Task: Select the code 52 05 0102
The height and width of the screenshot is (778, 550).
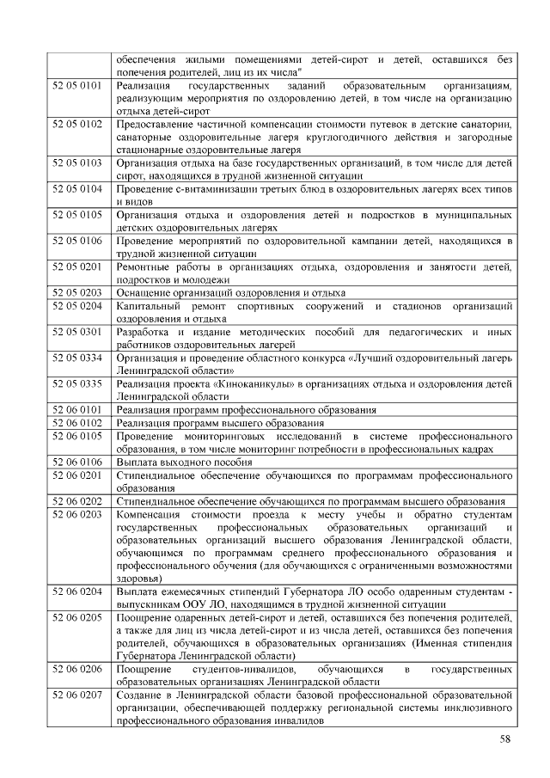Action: (77, 125)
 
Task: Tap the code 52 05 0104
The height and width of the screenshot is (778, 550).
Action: (77, 188)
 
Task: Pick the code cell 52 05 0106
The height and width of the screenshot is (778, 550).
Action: (77, 242)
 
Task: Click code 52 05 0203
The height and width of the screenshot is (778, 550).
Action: (77, 293)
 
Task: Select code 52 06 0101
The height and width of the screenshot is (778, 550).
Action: (77, 409)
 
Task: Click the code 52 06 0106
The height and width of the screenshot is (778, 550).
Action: (77, 462)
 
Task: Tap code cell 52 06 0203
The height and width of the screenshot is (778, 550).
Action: (77, 514)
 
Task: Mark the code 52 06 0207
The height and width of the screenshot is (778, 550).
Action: (77, 693)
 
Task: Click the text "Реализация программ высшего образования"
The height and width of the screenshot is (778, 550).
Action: (220, 423)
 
